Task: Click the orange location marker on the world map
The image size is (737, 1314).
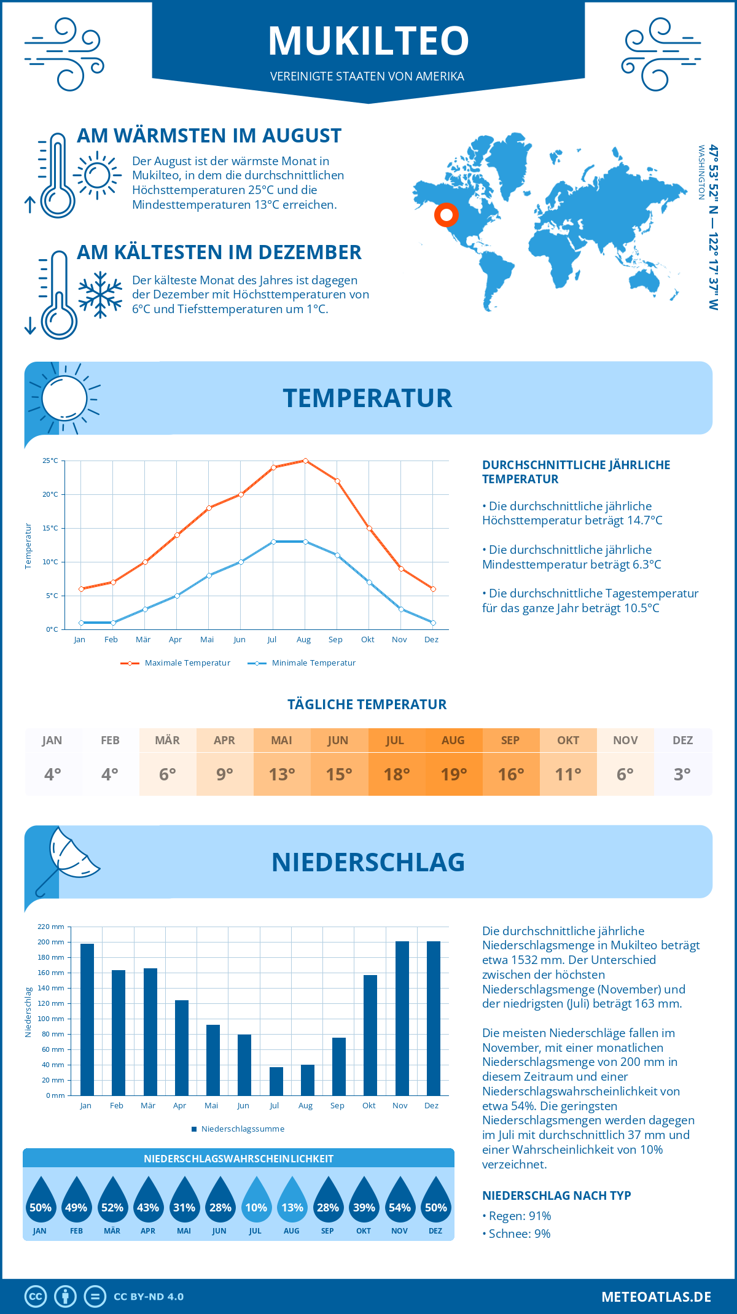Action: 446,215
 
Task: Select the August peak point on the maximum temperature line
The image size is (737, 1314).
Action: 305,461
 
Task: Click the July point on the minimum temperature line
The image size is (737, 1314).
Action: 273,542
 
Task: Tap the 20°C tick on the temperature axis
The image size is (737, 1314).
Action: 50,494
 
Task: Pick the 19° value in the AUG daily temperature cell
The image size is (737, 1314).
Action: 454,774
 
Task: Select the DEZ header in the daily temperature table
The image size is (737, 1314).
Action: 682,741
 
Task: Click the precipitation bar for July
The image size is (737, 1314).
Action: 276,1081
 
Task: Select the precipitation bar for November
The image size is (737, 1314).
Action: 402,1019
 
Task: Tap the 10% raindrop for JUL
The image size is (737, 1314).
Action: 256,1204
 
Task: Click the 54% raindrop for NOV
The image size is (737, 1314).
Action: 400,1204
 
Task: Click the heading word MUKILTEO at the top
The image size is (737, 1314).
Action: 368,41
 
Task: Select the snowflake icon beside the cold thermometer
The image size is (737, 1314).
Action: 100,295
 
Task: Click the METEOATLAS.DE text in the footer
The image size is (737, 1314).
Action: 656,1297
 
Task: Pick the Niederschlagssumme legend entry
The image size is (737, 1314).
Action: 242,1129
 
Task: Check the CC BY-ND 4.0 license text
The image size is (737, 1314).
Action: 149,1297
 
